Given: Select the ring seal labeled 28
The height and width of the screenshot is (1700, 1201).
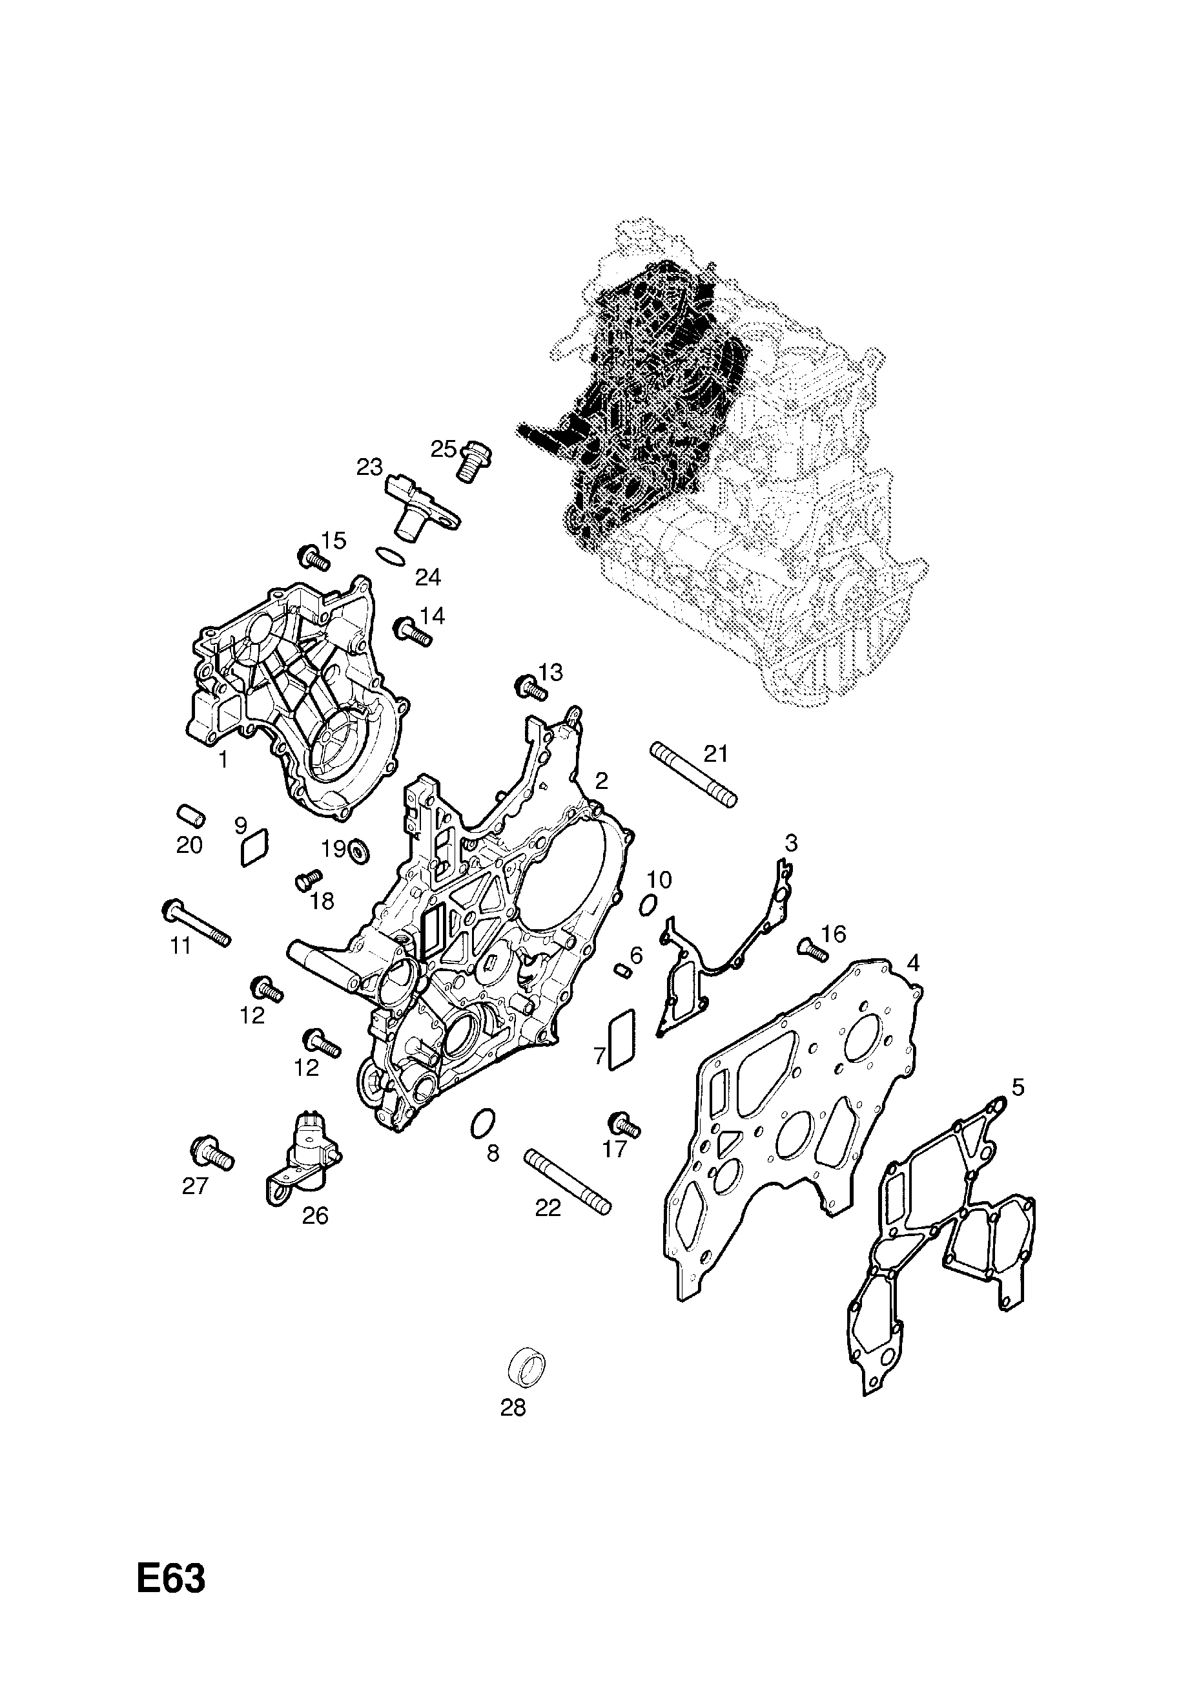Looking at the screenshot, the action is point(528,1367).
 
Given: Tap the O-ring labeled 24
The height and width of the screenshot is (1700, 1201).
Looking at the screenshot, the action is point(391,557).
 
